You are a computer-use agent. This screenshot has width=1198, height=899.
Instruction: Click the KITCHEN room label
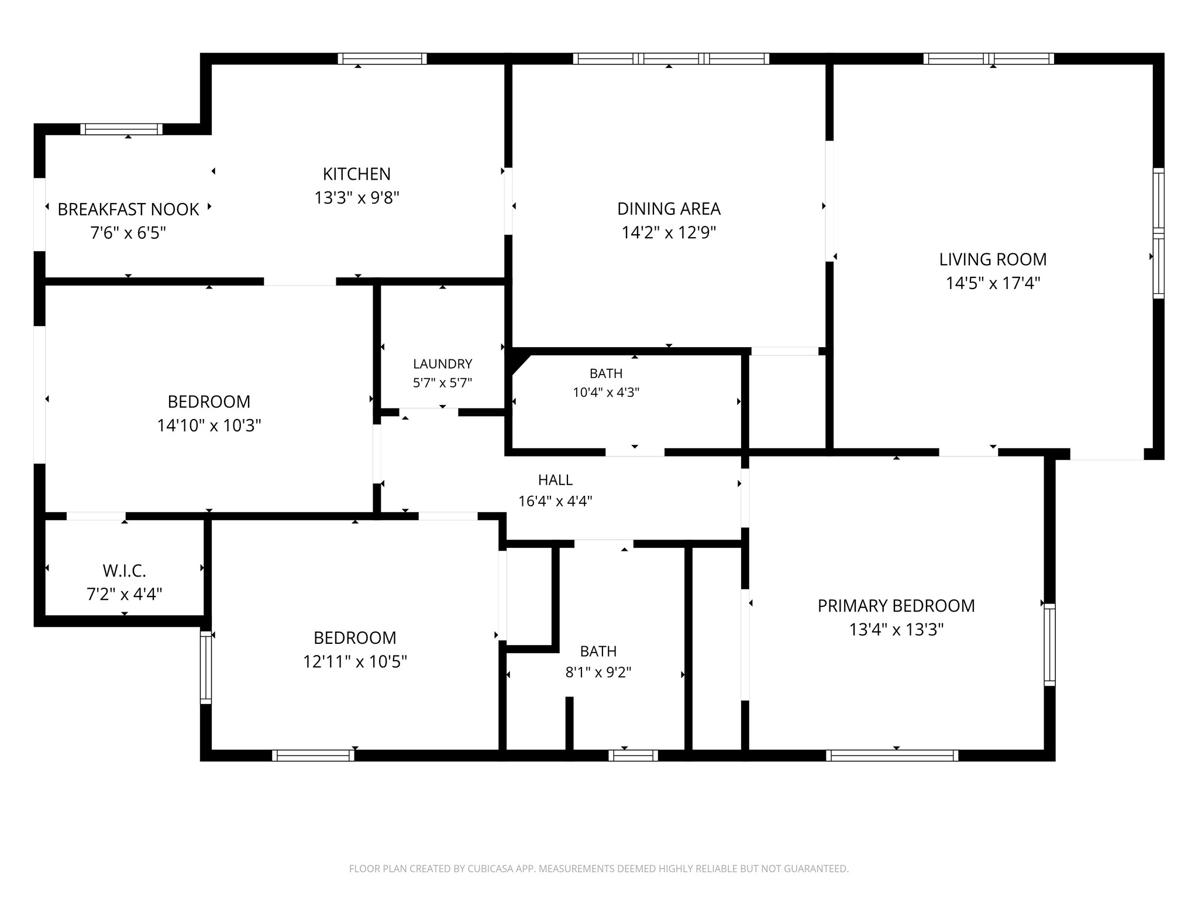point(357,174)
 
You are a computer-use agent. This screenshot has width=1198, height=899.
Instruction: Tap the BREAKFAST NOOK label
point(128,209)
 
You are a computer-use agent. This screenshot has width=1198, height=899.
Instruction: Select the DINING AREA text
point(669,208)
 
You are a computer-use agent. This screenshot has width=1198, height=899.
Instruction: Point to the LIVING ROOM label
point(993,259)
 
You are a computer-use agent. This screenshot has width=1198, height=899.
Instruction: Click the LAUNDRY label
point(442,364)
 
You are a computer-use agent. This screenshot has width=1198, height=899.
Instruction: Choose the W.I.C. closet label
point(124,571)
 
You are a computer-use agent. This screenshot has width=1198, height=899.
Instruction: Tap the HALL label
point(555,480)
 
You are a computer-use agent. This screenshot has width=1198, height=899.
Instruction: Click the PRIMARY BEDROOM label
point(896,606)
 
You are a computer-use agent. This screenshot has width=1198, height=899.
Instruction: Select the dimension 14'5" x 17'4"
point(993,283)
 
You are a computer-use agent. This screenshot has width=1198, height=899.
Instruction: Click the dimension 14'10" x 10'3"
point(209,426)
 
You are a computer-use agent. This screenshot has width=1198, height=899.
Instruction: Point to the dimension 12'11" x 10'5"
point(355,661)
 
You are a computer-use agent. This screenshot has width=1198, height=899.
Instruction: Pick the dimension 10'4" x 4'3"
point(606,392)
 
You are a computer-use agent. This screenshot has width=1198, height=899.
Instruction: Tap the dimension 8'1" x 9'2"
point(598,672)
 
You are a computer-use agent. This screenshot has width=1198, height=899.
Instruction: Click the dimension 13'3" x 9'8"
point(357,198)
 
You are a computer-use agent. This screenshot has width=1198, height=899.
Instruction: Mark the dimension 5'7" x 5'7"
point(442,383)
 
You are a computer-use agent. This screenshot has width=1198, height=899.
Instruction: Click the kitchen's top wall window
point(382,59)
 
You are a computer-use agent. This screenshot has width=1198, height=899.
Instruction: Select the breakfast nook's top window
point(121,129)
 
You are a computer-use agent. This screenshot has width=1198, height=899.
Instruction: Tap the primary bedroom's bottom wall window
point(892,756)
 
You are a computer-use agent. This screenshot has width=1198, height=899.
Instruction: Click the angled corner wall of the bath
point(519,363)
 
